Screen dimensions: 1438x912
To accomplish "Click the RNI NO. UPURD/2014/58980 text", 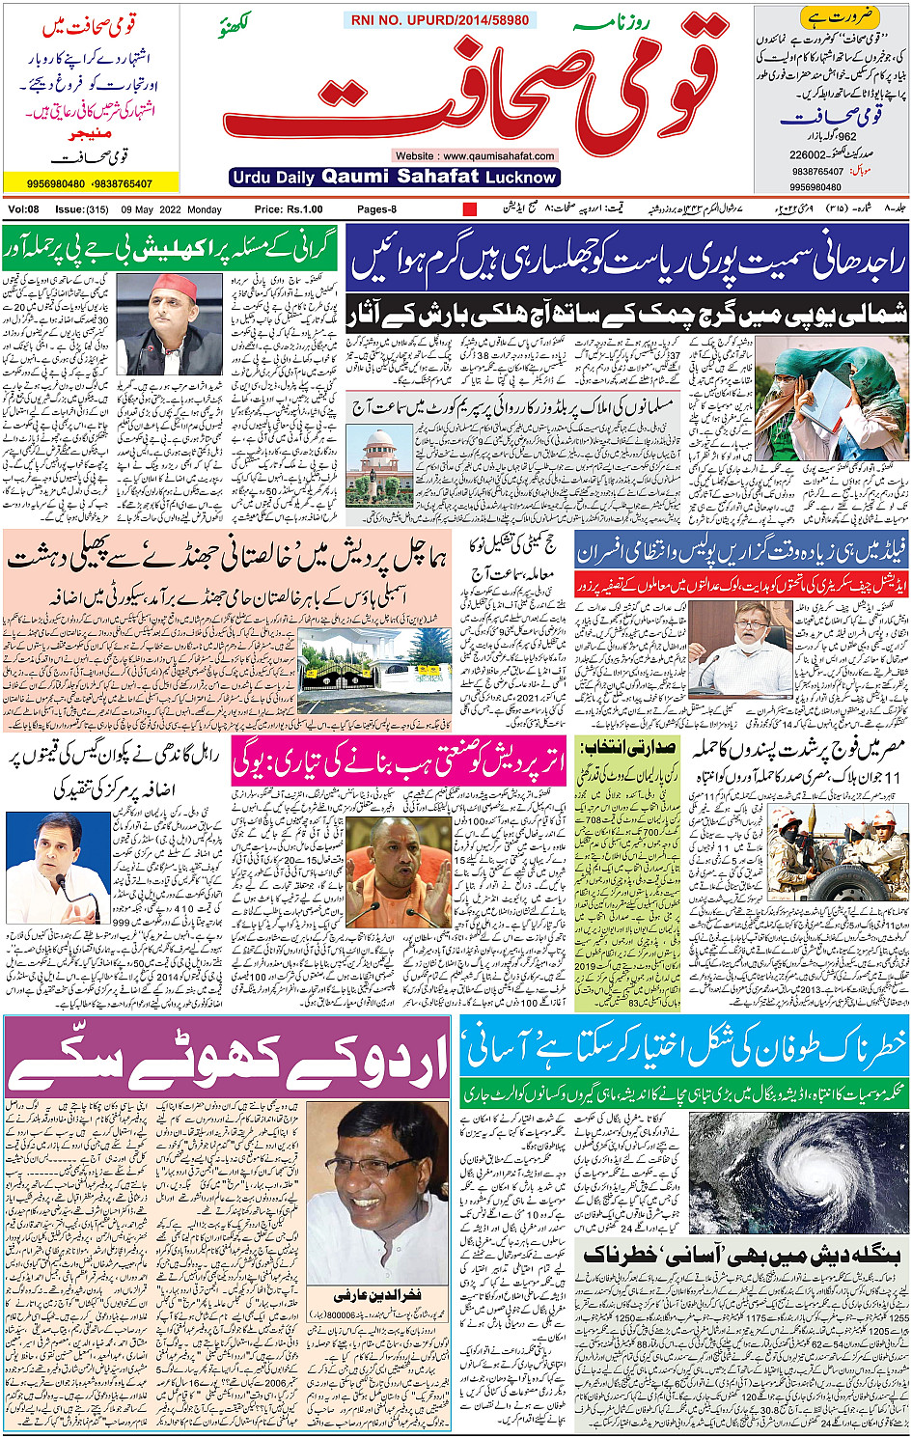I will click(x=440, y=20).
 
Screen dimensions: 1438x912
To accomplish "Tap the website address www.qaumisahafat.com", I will click(x=474, y=155).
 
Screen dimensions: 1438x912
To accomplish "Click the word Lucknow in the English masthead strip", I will click(x=521, y=178).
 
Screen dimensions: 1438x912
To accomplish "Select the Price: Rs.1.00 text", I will click(x=289, y=209).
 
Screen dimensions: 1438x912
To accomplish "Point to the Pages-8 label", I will click(x=376, y=209).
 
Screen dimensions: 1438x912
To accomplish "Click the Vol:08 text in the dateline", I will click(x=23, y=209).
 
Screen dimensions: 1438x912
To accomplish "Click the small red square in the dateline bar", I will click(x=470, y=209).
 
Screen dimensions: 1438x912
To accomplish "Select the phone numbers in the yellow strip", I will click(x=90, y=183).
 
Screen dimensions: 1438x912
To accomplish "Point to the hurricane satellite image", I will click(x=798, y=1171).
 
